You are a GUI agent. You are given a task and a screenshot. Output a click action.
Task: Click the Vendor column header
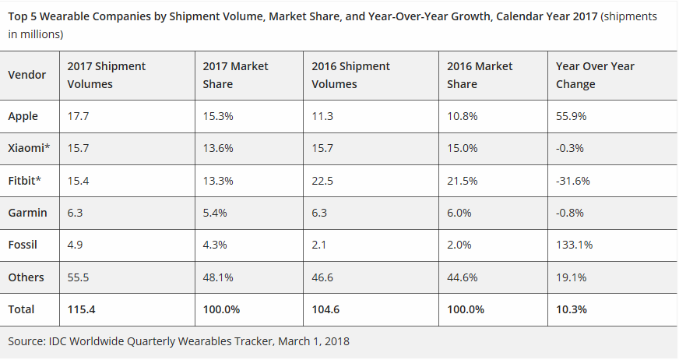pos(27,75)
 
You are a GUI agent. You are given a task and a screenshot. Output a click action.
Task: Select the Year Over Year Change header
pos(595,75)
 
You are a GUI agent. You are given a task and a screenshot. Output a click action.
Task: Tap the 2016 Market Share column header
pos(480,75)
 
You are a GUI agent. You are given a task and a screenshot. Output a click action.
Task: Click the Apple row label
pos(23,116)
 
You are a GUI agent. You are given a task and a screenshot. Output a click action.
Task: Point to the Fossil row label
pos(23,245)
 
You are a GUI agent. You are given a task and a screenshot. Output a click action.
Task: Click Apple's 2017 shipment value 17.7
pos(78,116)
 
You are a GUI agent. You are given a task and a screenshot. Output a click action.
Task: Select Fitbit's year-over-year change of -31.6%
pos(573,181)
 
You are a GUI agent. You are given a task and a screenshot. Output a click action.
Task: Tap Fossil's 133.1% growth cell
pos(574,245)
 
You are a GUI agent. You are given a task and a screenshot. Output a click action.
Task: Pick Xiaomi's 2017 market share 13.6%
pos(218,148)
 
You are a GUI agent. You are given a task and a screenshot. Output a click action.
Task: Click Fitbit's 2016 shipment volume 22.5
pos(323,181)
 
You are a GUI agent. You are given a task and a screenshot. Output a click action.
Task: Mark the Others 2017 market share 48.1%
pos(218,277)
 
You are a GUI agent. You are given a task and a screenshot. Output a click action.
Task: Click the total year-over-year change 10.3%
pos(571,309)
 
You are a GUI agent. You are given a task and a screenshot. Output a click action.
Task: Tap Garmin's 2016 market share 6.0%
pos(460,213)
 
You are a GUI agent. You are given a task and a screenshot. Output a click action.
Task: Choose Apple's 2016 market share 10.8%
pos(463,116)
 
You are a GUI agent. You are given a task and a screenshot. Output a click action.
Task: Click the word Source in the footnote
pos(26,341)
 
